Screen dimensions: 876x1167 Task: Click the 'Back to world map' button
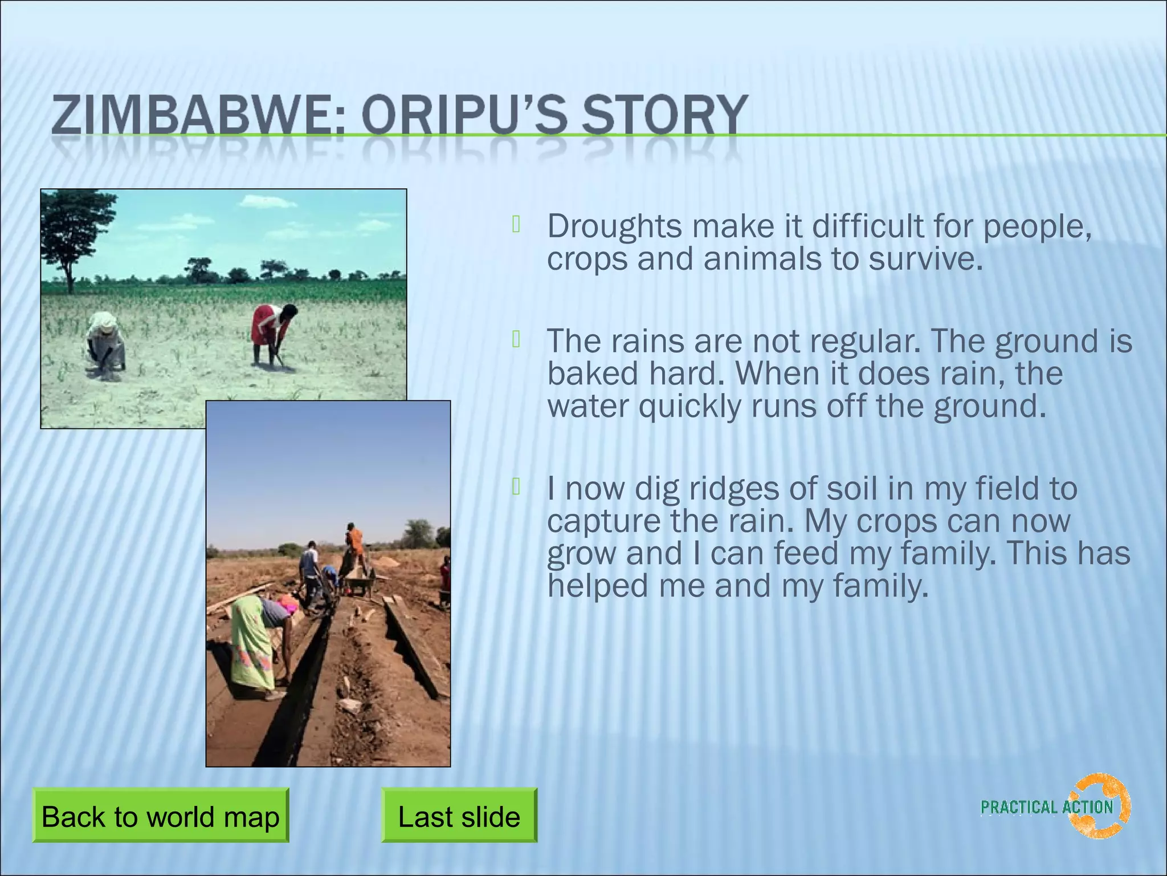coord(160,816)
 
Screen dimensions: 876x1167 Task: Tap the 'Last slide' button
coord(459,816)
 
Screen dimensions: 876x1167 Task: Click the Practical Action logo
coord(1055,806)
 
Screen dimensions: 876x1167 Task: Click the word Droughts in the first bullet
coord(614,226)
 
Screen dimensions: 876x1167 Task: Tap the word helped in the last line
coord(597,586)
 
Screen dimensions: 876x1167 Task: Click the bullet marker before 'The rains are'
coord(516,339)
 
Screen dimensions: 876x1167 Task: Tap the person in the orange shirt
coord(354,545)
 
